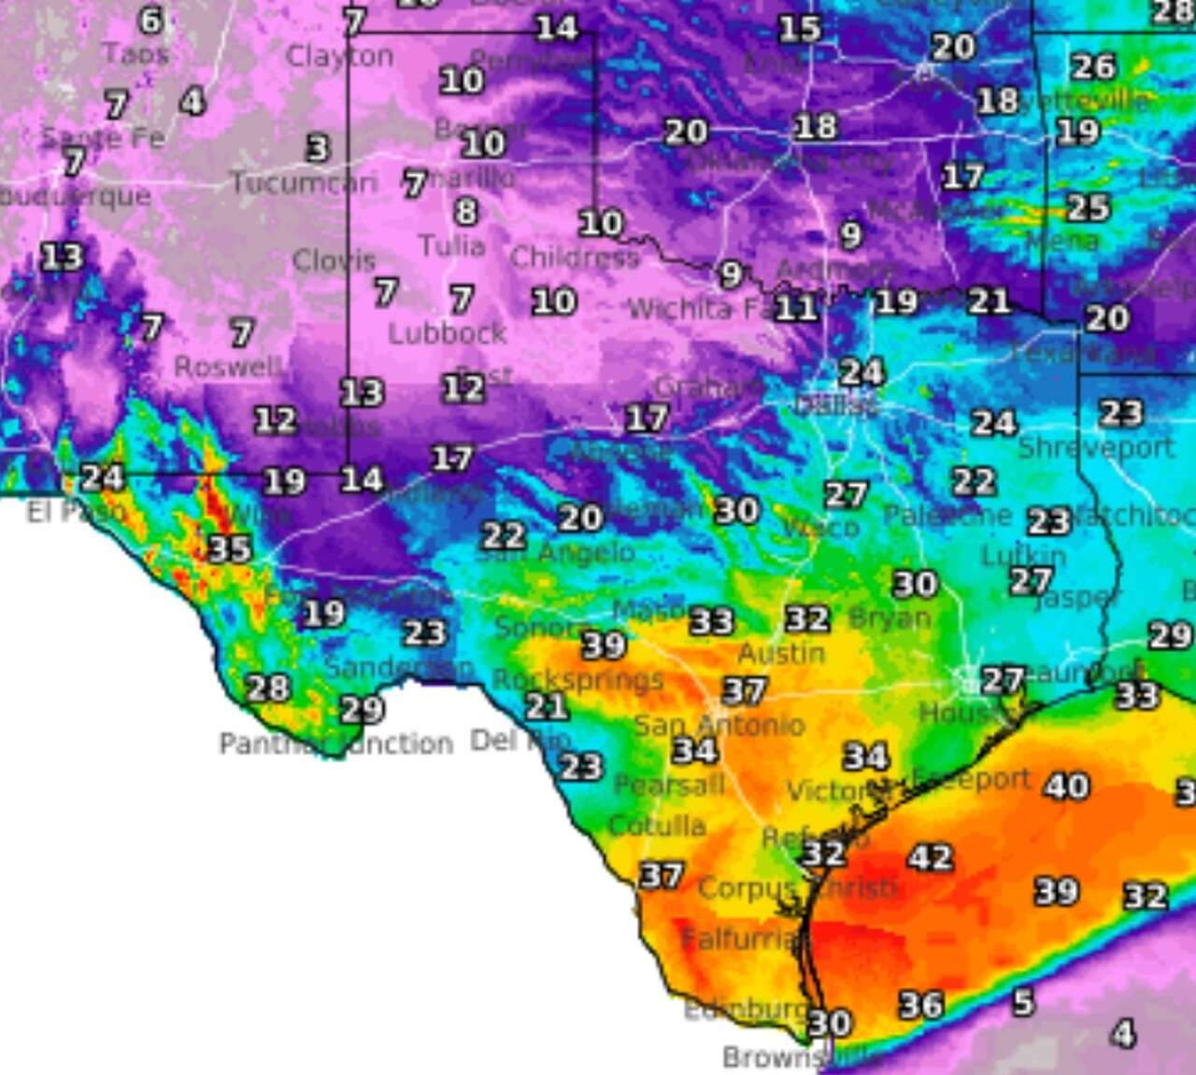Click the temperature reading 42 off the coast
(x=931, y=857)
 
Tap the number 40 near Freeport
(x=1066, y=786)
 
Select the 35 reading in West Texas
(x=229, y=548)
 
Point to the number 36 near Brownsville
(x=921, y=1005)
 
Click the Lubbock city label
(x=448, y=333)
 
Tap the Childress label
(x=575, y=257)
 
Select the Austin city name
(x=782, y=653)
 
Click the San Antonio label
(x=719, y=725)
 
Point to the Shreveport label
(x=1095, y=448)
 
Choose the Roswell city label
(x=227, y=367)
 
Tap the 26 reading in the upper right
(x=1093, y=67)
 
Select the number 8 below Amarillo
(x=466, y=212)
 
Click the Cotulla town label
(x=657, y=826)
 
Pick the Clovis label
(x=334, y=261)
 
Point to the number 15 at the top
(x=800, y=29)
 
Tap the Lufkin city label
(x=1023, y=557)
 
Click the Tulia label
(x=451, y=247)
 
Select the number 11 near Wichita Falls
(x=795, y=307)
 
